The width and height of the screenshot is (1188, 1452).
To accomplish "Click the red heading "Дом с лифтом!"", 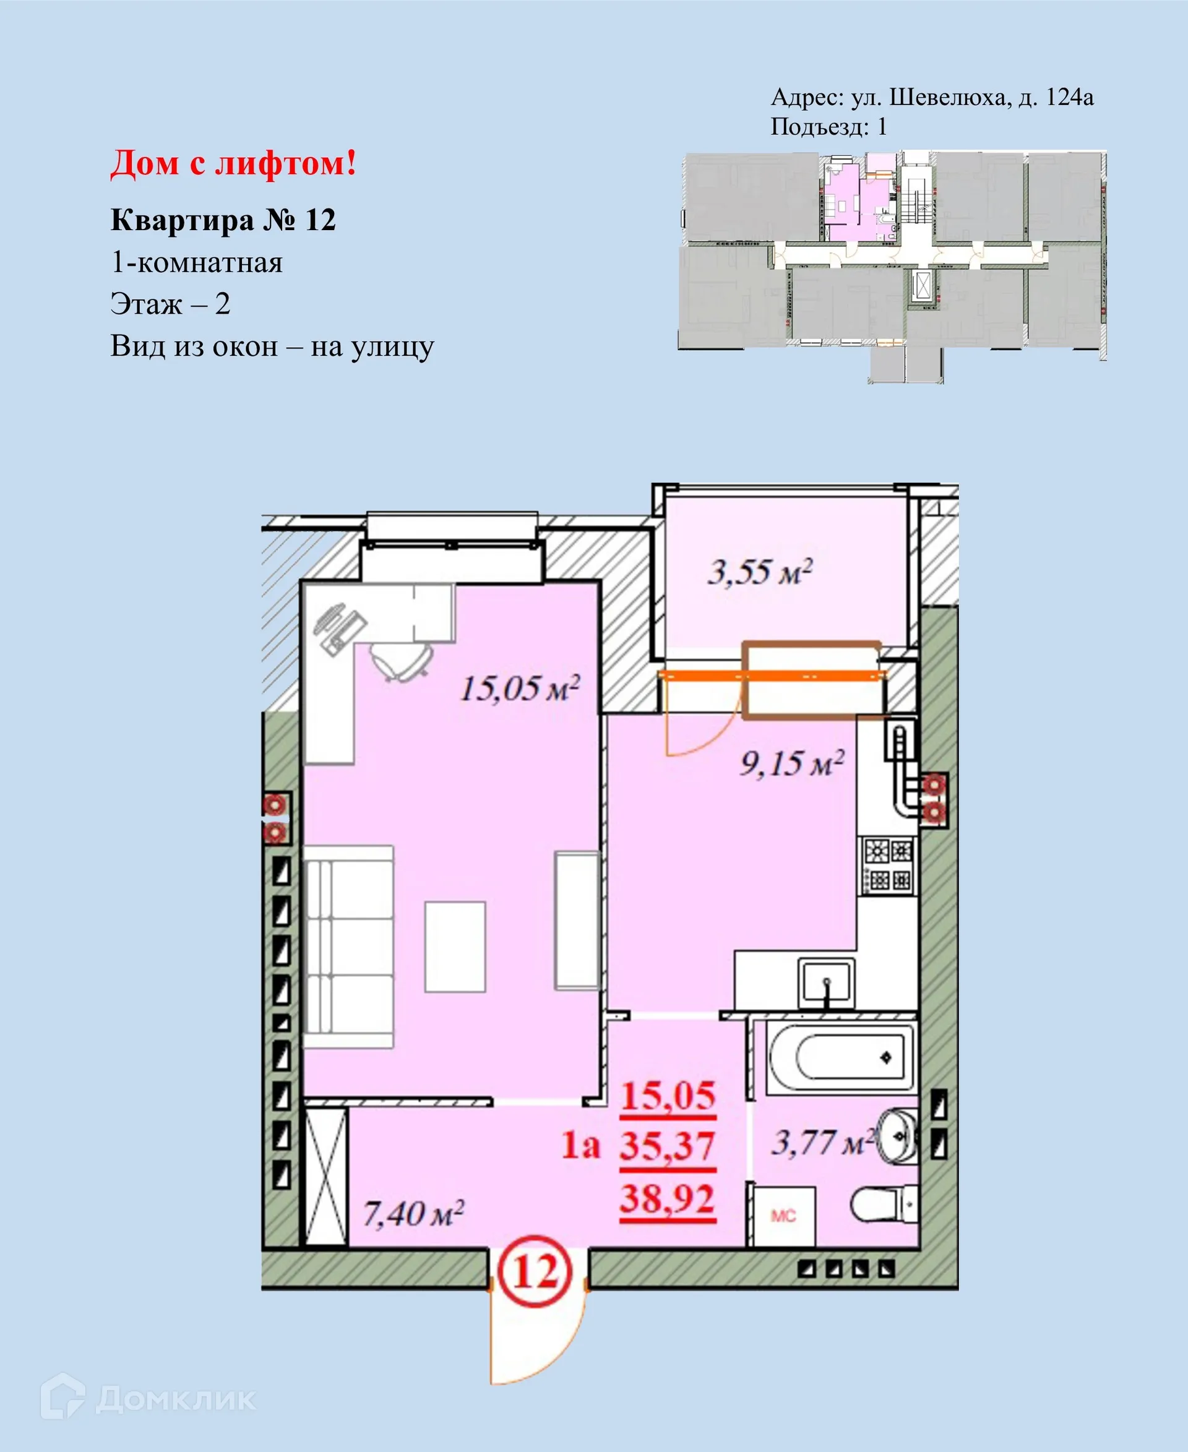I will [x=233, y=164].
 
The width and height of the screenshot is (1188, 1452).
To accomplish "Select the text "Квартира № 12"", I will [x=223, y=220].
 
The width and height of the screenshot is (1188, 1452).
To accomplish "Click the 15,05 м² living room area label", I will [x=519, y=689].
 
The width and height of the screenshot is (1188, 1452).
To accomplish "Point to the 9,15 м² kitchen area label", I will [x=792, y=763].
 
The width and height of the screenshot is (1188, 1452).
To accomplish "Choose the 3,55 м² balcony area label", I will [x=760, y=572].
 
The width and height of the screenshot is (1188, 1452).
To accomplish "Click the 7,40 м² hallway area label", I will [x=413, y=1214].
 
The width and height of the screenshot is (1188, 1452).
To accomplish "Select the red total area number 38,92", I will [x=667, y=1199].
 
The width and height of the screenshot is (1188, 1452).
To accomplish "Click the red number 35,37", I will [x=667, y=1146].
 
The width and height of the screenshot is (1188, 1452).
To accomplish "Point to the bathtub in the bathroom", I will [x=840, y=1057].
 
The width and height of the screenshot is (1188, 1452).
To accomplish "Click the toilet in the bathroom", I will [x=884, y=1205].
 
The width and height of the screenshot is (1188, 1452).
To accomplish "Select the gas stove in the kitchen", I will [x=887, y=865].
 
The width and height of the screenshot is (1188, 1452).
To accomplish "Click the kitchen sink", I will [x=827, y=983].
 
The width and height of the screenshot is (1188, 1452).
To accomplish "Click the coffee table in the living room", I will [x=455, y=947].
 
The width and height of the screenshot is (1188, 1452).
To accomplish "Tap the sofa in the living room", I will [x=349, y=947].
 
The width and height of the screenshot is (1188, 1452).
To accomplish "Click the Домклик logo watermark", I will [x=148, y=1399].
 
